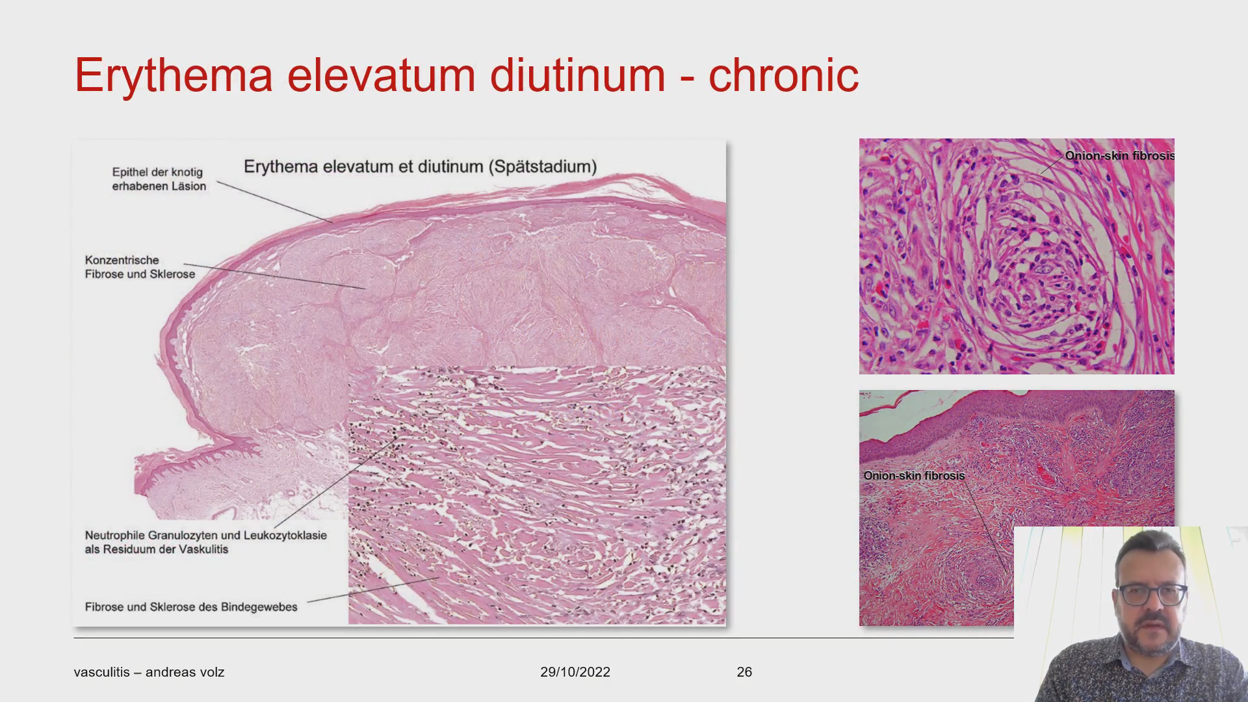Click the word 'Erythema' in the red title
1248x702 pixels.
174,76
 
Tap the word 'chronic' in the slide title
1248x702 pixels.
783,75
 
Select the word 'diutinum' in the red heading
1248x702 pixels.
578,75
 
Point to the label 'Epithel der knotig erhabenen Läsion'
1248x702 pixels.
159,179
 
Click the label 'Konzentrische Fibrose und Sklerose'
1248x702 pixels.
140,267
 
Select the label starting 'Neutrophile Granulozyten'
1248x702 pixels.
205,542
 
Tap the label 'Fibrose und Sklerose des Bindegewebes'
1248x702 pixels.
191,606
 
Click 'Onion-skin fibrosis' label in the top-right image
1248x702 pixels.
1119,156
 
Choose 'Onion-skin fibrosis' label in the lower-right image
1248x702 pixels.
914,476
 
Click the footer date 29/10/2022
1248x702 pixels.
575,672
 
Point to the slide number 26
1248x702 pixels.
744,672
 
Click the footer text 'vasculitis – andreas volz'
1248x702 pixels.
149,672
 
